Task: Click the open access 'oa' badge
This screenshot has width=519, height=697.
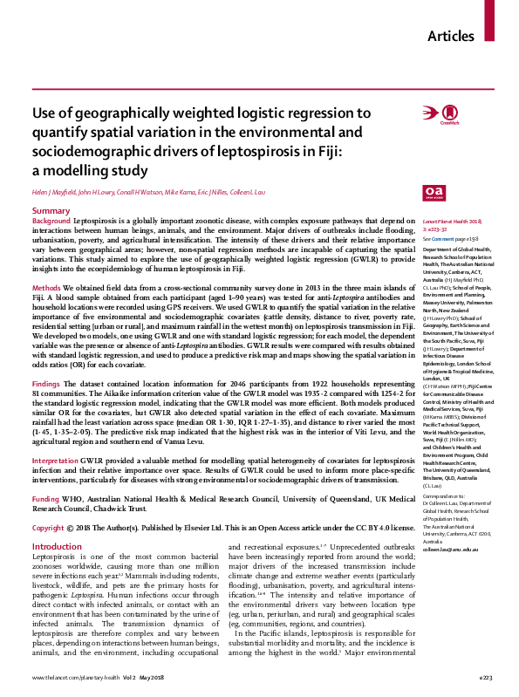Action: pyautogui.click(x=432, y=192)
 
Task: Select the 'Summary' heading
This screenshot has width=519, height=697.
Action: pyautogui.click(x=51, y=212)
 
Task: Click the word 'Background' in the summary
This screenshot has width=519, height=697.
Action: pyautogui.click(x=51, y=223)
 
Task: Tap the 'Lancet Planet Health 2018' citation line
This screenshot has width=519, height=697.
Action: pyautogui.click(x=454, y=224)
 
